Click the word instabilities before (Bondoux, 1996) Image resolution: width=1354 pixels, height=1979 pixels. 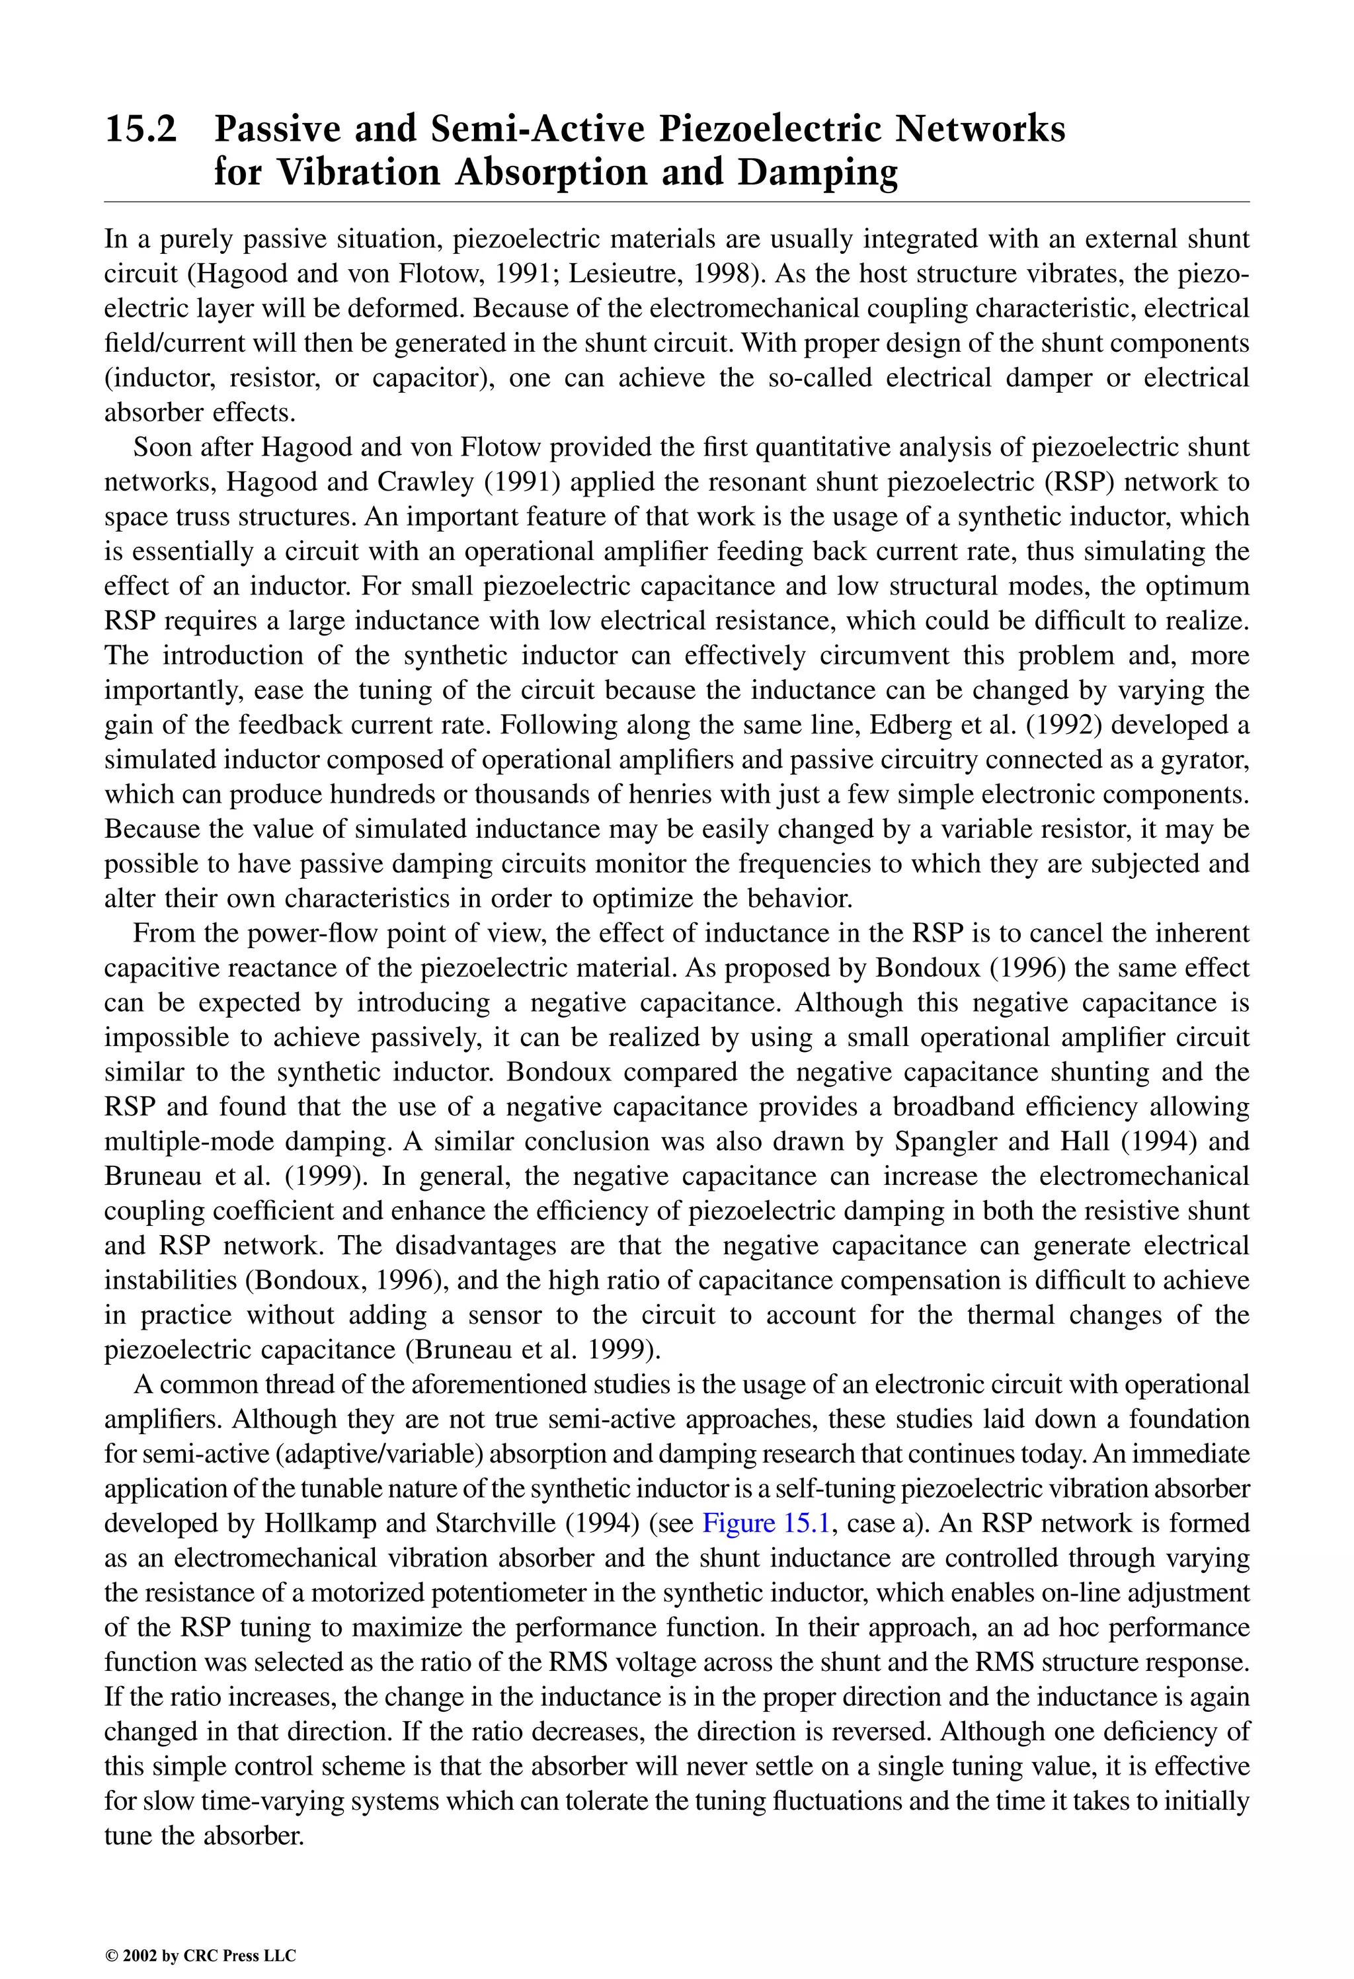[169, 1280]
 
